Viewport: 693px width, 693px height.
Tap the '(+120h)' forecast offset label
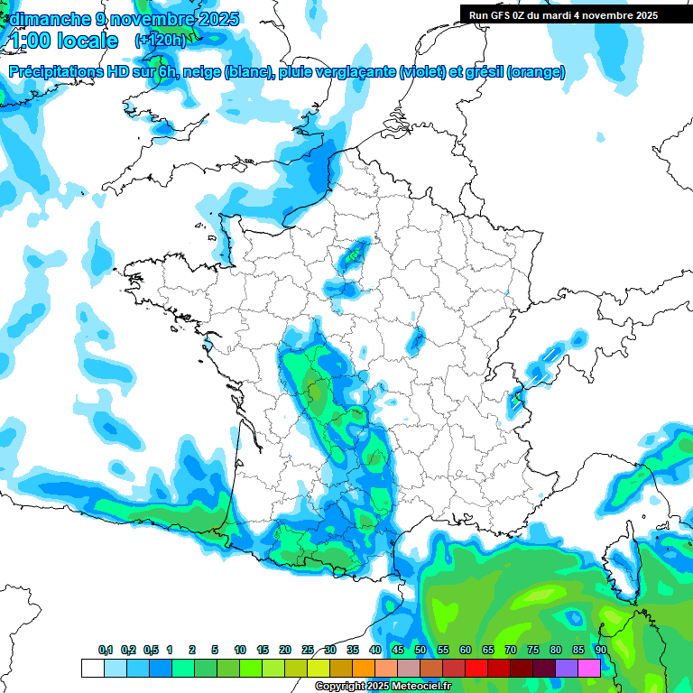pos(161,41)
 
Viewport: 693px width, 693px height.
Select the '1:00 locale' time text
pos(63,41)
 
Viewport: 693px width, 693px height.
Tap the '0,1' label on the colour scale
pos(105,651)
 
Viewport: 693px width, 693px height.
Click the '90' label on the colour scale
pos(600,651)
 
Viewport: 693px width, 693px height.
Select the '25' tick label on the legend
pos(308,651)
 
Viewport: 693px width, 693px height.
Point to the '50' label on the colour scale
pos(420,651)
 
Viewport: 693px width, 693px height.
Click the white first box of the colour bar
pos(92,668)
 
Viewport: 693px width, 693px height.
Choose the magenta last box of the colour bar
pos(589,668)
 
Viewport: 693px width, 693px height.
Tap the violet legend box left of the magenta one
pos(567,668)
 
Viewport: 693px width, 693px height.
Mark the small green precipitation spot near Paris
pos(353,256)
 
